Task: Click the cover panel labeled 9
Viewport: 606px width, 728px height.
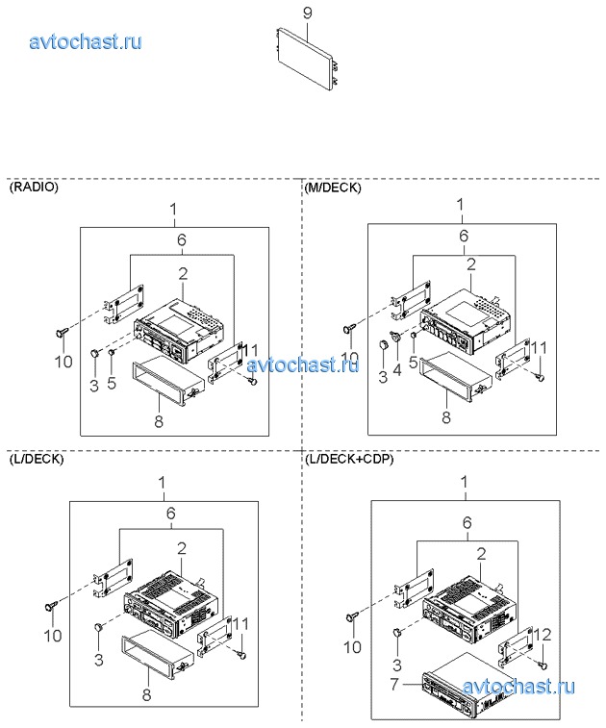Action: click(x=306, y=59)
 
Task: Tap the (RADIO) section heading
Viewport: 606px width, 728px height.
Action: click(x=34, y=188)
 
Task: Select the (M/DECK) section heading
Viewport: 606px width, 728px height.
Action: click(x=333, y=188)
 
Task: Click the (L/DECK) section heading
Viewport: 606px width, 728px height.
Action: click(x=37, y=459)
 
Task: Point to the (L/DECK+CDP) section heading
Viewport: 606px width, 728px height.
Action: click(x=350, y=459)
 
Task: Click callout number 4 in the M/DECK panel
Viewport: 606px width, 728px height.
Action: click(x=397, y=370)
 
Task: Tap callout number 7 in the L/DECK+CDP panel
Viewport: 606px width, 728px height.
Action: click(x=394, y=684)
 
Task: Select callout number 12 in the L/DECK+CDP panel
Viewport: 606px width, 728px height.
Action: click(x=543, y=635)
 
